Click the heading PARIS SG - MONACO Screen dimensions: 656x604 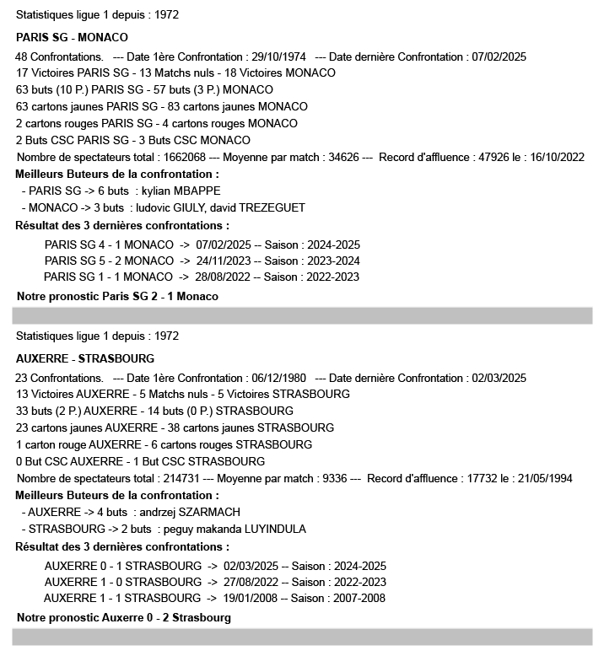[x=72, y=38]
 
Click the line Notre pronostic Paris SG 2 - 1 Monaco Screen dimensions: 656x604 [x=117, y=297]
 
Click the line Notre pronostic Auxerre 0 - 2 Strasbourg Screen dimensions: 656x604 [x=123, y=618]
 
